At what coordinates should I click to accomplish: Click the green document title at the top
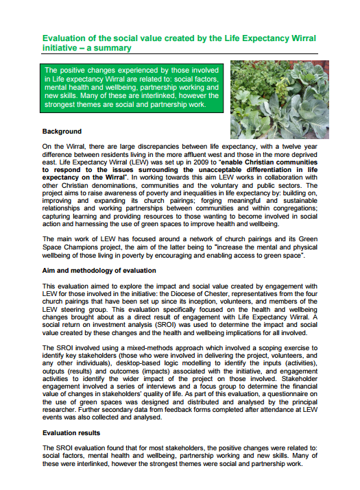(180, 44)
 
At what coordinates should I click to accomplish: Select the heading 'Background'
(62, 131)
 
